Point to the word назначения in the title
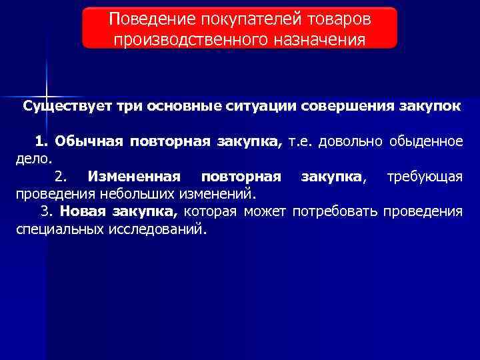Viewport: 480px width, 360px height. tap(311, 39)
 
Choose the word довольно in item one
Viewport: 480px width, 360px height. tap(350, 141)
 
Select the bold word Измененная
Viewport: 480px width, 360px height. tap(134, 177)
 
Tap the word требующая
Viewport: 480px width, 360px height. tap(425, 177)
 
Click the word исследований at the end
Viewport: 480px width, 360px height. tap(159, 229)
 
